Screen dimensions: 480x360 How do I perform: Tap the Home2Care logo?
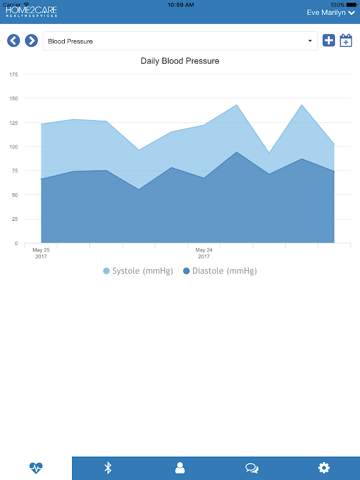click(x=31, y=12)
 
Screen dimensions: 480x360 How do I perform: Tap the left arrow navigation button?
click(x=14, y=41)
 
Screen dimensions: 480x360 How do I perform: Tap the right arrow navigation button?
click(x=31, y=41)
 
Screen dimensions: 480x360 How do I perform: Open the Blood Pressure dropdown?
click(x=180, y=41)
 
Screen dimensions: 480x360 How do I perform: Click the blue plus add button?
click(x=329, y=41)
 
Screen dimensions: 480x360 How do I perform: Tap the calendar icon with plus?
click(x=346, y=41)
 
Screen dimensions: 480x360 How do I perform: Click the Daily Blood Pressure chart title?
click(x=180, y=61)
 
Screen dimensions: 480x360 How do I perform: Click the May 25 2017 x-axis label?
click(x=41, y=253)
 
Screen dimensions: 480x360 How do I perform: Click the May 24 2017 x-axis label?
click(x=204, y=253)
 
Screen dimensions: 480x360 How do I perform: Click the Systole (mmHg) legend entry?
click(x=139, y=271)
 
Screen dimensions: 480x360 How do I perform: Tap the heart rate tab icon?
click(x=36, y=468)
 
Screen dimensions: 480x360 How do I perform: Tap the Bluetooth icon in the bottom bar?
click(x=108, y=468)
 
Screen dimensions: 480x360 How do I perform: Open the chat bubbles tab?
click(x=252, y=468)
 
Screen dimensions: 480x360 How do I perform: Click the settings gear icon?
click(x=324, y=468)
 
